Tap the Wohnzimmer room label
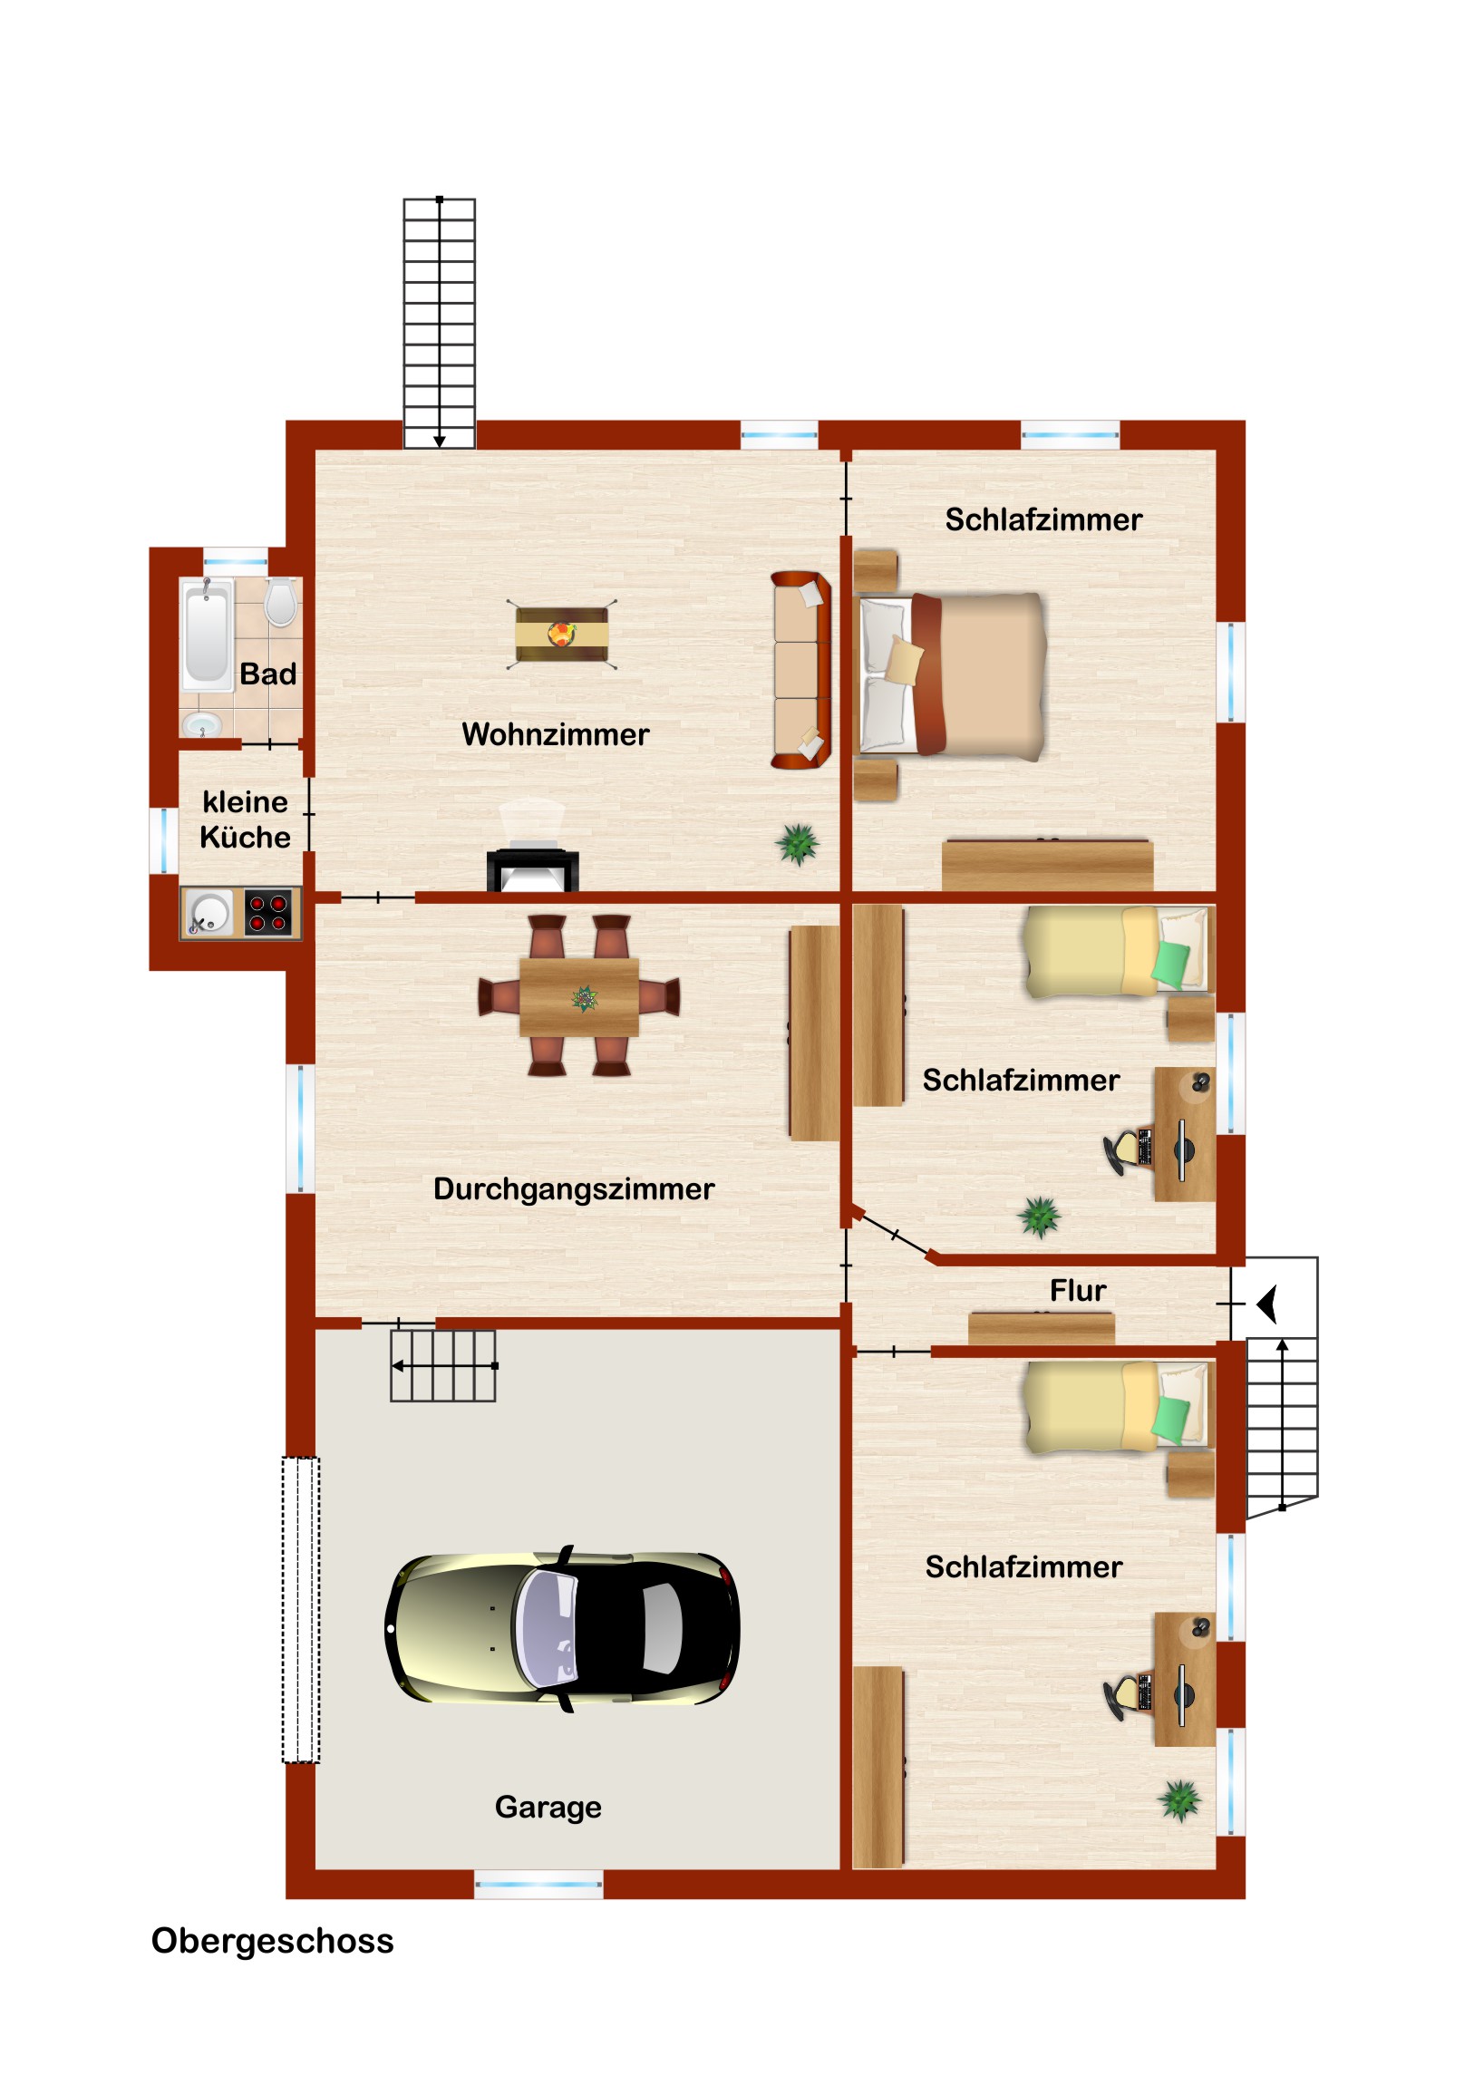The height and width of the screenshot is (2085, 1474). coord(555,733)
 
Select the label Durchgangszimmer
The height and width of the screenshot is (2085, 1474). coord(573,1189)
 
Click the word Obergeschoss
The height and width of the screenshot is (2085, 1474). coord(273,1942)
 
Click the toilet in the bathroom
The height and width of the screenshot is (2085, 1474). coord(281,602)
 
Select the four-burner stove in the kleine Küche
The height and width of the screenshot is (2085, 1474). coord(269,912)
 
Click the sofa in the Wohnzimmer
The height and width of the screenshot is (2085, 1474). coord(801,670)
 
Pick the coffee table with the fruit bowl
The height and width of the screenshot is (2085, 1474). coord(561,634)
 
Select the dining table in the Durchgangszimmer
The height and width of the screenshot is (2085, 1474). coord(579,997)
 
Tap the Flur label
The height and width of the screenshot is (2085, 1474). coord(1078,1291)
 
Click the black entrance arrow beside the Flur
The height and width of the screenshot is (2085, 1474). coord(1268,1304)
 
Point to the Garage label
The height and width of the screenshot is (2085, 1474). coord(548,1807)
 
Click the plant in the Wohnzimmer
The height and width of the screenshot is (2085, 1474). coord(798,844)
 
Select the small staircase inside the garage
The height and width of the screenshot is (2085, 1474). coord(443,1366)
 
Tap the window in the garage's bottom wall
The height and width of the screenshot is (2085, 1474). coord(538,1885)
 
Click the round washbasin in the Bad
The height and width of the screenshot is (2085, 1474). coord(201,724)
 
